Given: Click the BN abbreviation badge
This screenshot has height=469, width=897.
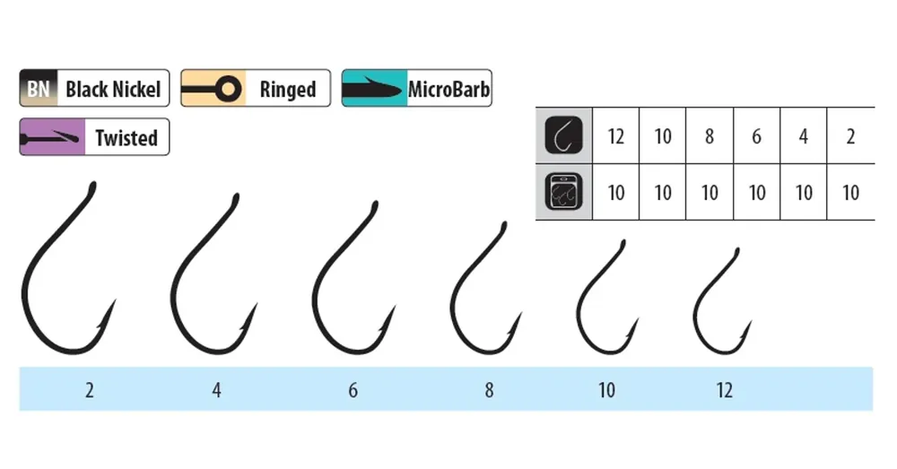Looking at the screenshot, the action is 39,89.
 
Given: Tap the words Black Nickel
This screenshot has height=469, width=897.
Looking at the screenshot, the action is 113,89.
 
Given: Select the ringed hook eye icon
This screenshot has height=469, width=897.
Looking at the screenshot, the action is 213,89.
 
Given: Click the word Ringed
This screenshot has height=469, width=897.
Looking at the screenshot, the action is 288,89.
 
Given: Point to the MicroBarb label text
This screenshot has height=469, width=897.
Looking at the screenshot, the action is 448,89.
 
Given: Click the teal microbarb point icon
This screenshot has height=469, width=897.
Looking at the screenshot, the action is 374,89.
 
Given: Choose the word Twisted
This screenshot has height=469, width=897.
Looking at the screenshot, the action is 126,138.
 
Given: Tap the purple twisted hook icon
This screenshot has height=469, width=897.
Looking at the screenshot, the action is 52,137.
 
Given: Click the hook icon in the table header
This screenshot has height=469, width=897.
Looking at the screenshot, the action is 563,135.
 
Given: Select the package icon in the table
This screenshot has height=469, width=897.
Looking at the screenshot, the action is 563,192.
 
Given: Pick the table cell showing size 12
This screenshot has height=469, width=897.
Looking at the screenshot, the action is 615,136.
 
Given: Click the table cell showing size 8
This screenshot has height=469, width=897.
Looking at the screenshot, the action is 710,136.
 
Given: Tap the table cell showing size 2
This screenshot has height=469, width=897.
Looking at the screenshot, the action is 850,136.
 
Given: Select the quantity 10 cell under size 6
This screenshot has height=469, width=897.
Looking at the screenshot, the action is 757,192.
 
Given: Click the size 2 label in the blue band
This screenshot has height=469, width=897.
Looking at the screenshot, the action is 89,390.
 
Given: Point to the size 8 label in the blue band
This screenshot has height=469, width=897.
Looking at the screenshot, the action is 489,390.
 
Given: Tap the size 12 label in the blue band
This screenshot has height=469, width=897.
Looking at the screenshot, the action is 724,390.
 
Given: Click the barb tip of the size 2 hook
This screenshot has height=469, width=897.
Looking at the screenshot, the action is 116,300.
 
